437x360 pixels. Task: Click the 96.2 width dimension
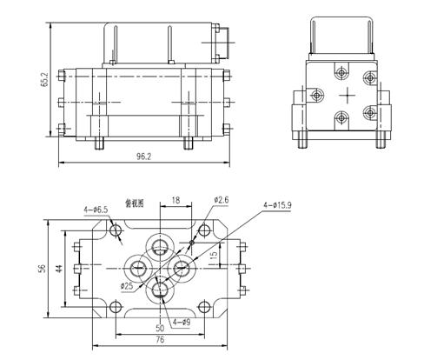[x=144, y=158]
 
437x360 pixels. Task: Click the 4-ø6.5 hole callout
[x=96, y=210]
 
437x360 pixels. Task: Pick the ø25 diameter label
[x=128, y=286]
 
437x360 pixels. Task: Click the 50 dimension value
[x=160, y=329]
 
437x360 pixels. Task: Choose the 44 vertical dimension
[x=59, y=269]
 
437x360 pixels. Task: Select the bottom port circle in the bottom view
[x=161, y=288]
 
